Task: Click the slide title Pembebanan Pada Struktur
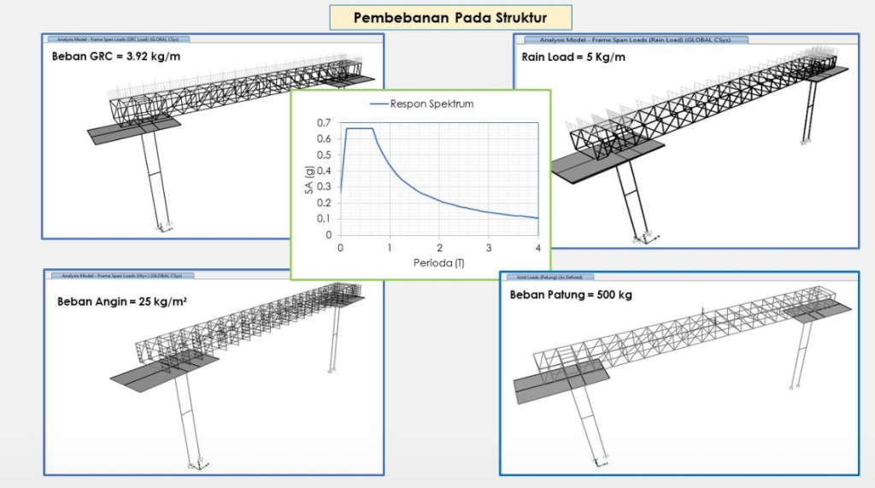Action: [x=451, y=17]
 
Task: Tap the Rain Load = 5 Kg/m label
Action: [x=573, y=57]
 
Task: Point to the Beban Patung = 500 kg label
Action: [x=571, y=295]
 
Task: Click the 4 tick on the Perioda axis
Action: [x=537, y=248]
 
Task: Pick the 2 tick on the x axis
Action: [x=439, y=248]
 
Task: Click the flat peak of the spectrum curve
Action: [x=359, y=129]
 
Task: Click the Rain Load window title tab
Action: [x=630, y=39]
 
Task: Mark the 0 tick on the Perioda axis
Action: [x=340, y=248]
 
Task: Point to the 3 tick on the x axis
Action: [x=489, y=248]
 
